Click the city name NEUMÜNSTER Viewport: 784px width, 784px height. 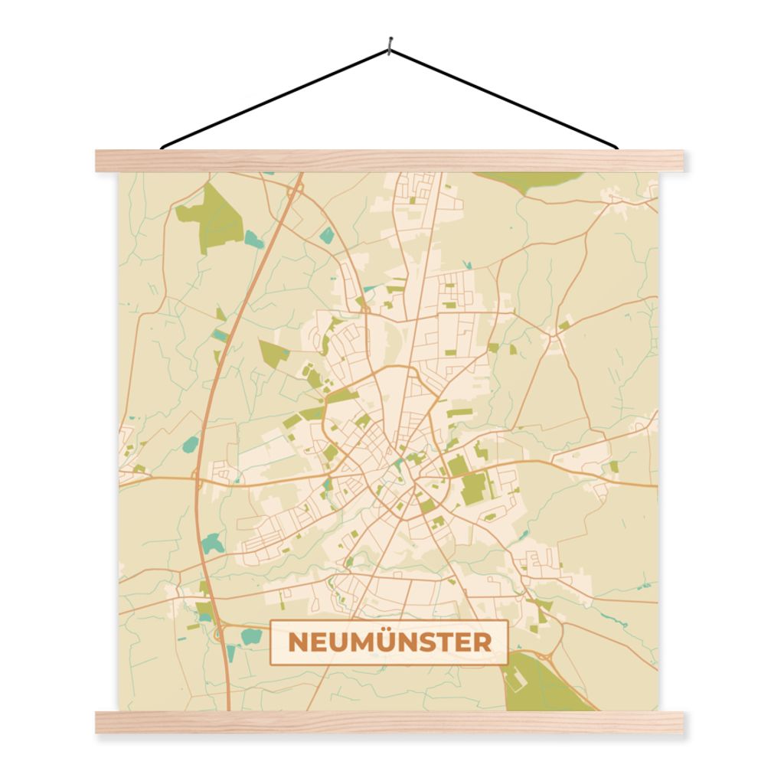coord(389,642)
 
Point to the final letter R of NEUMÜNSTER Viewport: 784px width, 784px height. coord(482,642)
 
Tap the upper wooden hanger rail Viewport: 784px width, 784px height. coord(389,161)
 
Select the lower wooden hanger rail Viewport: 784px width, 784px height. coord(389,722)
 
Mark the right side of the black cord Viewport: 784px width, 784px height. coord(505,98)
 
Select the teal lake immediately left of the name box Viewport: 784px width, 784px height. coord(250,636)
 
